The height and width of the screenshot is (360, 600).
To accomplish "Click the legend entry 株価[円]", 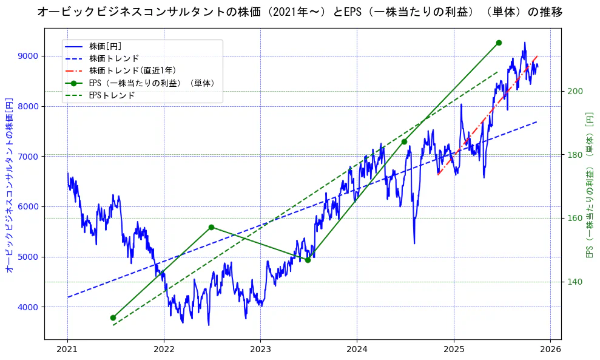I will [106, 46].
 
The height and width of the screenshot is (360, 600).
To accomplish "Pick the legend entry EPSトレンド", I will [112, 95].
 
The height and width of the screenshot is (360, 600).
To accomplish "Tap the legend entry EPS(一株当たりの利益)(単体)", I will [152, 83].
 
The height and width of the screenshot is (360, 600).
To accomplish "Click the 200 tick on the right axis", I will [575, 91].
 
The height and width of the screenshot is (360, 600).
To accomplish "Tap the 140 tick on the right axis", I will [575, 282].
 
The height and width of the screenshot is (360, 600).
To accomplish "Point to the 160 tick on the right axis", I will [575, 218].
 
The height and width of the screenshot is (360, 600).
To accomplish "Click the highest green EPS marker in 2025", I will [499, 42].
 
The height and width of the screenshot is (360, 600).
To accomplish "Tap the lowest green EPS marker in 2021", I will [113, 318].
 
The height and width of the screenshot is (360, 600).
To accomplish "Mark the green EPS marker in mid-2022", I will [211, 227].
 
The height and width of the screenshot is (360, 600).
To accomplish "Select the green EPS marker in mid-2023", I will [308, 260].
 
